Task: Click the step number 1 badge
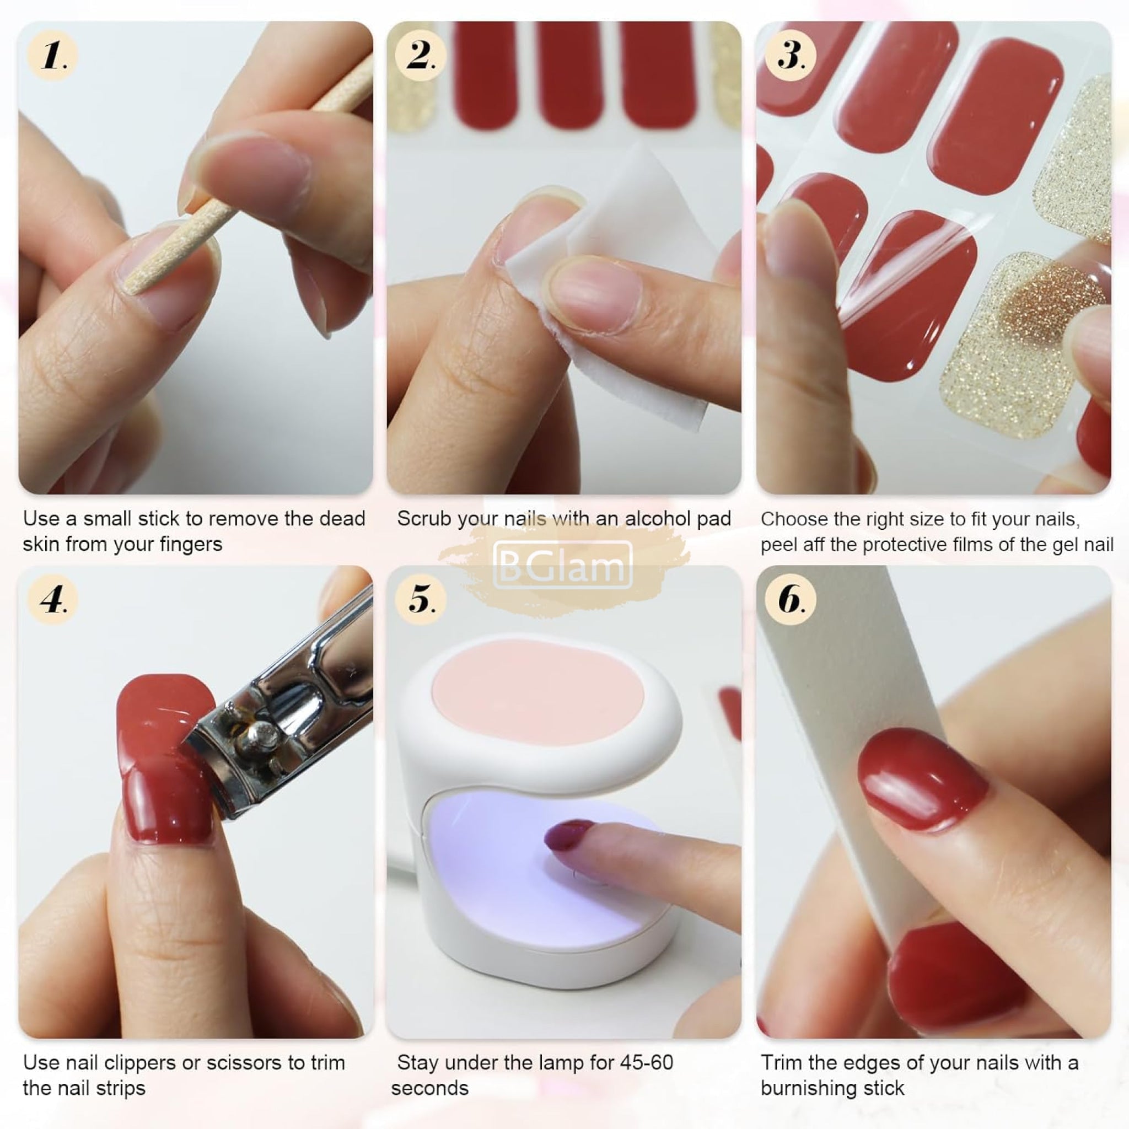point(52,56)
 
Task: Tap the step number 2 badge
point(420,56)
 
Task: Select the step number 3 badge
point(790,56)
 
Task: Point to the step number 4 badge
point(52,599)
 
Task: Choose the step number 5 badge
point(420,599)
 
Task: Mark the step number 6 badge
point(790,599)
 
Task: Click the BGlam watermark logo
point(563,564)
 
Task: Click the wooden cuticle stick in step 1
point(245,175)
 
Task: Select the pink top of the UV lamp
point(537,692)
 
